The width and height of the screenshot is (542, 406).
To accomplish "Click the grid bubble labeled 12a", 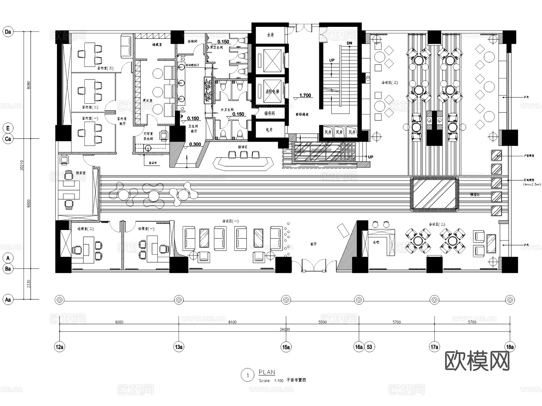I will pyautogui.click(x=60, y=347).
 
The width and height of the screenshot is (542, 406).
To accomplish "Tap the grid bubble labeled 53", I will pyautogui.click(x=369, y=347).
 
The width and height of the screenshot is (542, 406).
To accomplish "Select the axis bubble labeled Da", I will pyautogui.click(x=8, y=32).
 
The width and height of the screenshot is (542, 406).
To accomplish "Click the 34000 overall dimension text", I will pyautogui.click(x=285, y=329).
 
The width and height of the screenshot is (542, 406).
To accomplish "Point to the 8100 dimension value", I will pyautogui.click(x=232, y=322).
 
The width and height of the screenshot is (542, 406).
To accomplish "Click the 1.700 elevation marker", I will pyautogui.click(x=305, y=96).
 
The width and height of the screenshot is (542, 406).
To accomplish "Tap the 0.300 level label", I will pyautogui.click(x=195, y=144).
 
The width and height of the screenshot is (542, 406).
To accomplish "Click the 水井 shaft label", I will pyautogui.click(x=270, y=35).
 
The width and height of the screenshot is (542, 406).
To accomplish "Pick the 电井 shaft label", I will pyautogui.click(x=269, y=130).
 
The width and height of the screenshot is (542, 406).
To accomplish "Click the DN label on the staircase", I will pyautogui.click(x=349, y=43).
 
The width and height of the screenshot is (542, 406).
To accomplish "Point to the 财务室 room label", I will pyautogui.click(x=81, y=173).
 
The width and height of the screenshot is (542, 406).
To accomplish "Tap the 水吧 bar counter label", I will pyautogui.click(x=376, y=242).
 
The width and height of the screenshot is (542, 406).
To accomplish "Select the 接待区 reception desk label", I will pyautogui.click(x=242, y=147).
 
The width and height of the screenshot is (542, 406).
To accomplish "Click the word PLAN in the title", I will pyautogui.click(x=267, y=372).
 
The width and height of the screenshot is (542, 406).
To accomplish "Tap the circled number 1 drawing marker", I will pyautogui.click(x=248, y=375).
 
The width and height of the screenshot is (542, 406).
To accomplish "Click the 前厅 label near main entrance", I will pyautogui.click(x=313, y=244).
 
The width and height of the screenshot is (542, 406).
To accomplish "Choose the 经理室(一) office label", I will pyautogui.click(x=146, y=229).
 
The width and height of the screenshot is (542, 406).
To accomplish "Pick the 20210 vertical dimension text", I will pyautogui.click(x=22, y=165).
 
